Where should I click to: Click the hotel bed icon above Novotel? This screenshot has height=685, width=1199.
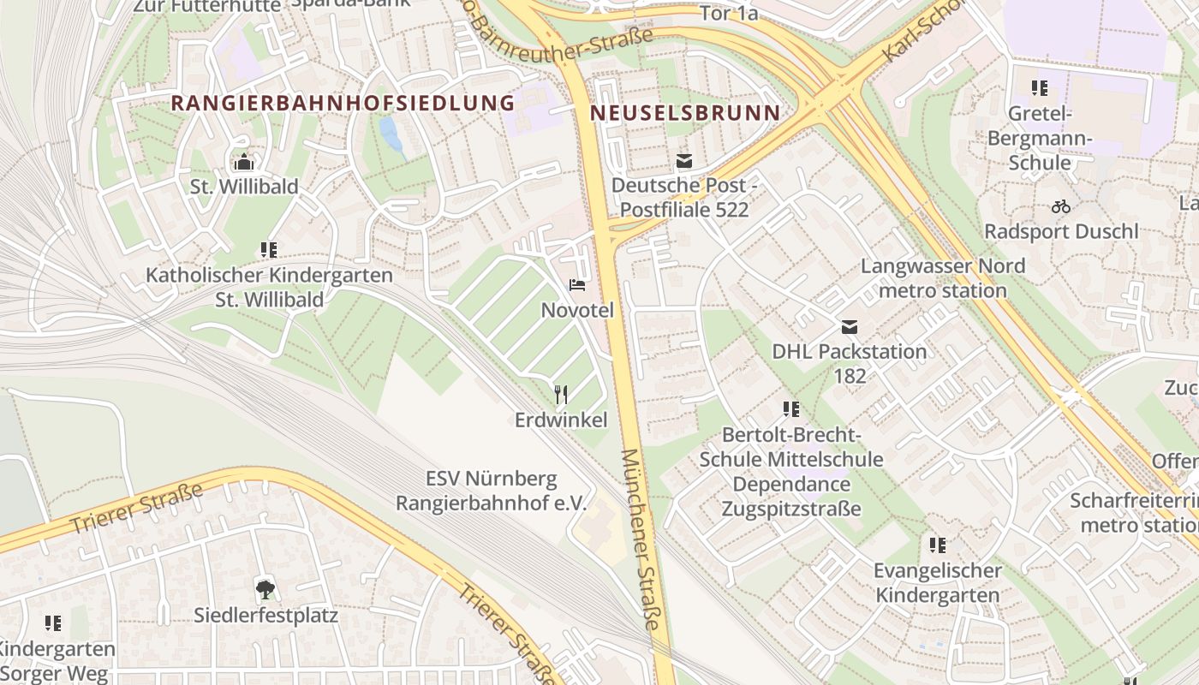tap(577, 285)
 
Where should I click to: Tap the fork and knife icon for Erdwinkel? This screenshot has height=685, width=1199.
tap(561, 394)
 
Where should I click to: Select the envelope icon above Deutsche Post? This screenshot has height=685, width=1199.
tap(683, 160)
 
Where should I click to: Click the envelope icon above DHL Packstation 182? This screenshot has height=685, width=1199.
tap(849, 326)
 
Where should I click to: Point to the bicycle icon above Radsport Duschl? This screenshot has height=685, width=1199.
tap(1060, 206)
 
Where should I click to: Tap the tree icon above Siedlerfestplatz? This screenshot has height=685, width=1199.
tap(265, 588)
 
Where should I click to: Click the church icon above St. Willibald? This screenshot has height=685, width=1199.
tap(244, 161)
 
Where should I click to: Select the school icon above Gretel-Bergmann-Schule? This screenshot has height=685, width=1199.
tap(1040, 87)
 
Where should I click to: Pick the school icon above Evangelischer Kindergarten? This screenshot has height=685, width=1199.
tap(938, 545)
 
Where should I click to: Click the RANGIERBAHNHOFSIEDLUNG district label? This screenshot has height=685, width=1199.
tap(343, 104)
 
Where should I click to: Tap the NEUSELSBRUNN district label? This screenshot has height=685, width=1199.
tap(685, 113)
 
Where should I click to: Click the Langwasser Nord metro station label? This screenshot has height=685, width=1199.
tap(943, 278)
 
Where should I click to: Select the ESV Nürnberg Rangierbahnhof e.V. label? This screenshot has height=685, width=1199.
tap(492, 491)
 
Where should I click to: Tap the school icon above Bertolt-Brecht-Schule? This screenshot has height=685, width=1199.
tap(790, 409)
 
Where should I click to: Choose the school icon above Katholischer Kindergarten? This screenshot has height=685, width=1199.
tap(269, 250)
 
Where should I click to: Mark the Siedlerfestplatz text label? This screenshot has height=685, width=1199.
tap(265, 615)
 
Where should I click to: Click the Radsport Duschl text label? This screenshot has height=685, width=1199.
tap(1061, 231)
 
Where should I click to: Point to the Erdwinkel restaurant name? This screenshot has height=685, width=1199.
tap(561, 420)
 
